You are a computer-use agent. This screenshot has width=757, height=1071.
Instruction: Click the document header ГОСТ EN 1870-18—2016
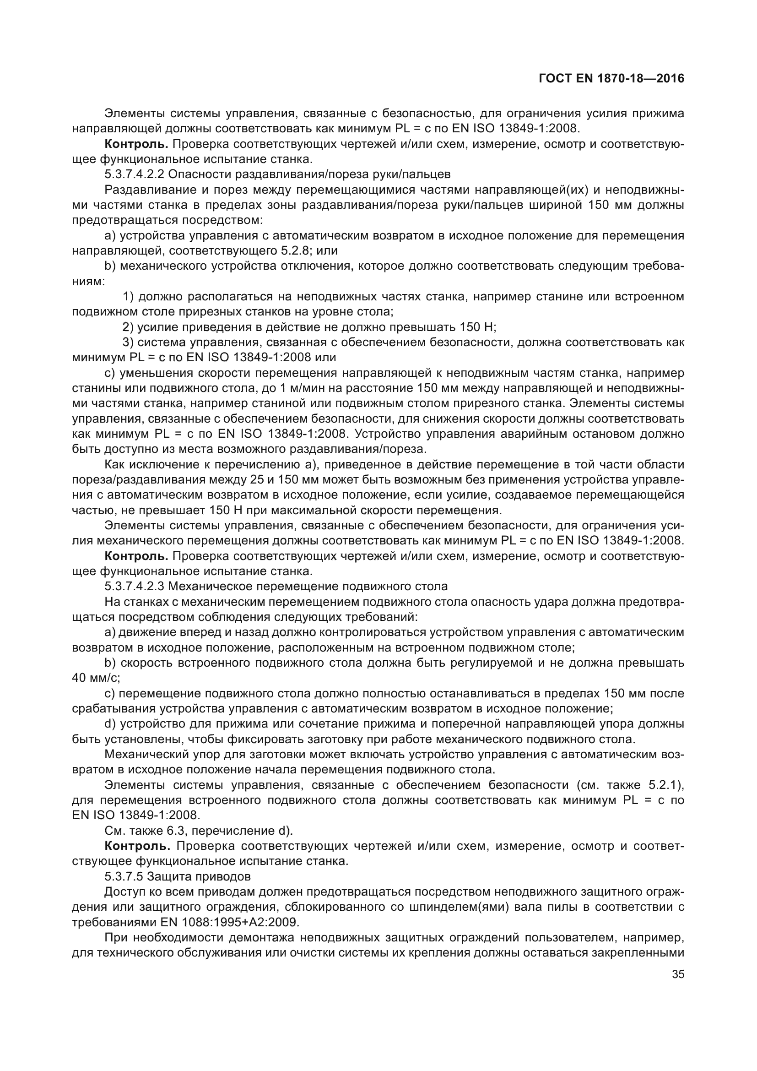coord(611,78)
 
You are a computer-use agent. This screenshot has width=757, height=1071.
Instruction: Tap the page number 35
coord(678,973)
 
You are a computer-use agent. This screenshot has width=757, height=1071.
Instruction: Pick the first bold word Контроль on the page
coord(136,144)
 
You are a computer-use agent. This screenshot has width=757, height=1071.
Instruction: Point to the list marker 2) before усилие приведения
coord(128,327)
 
